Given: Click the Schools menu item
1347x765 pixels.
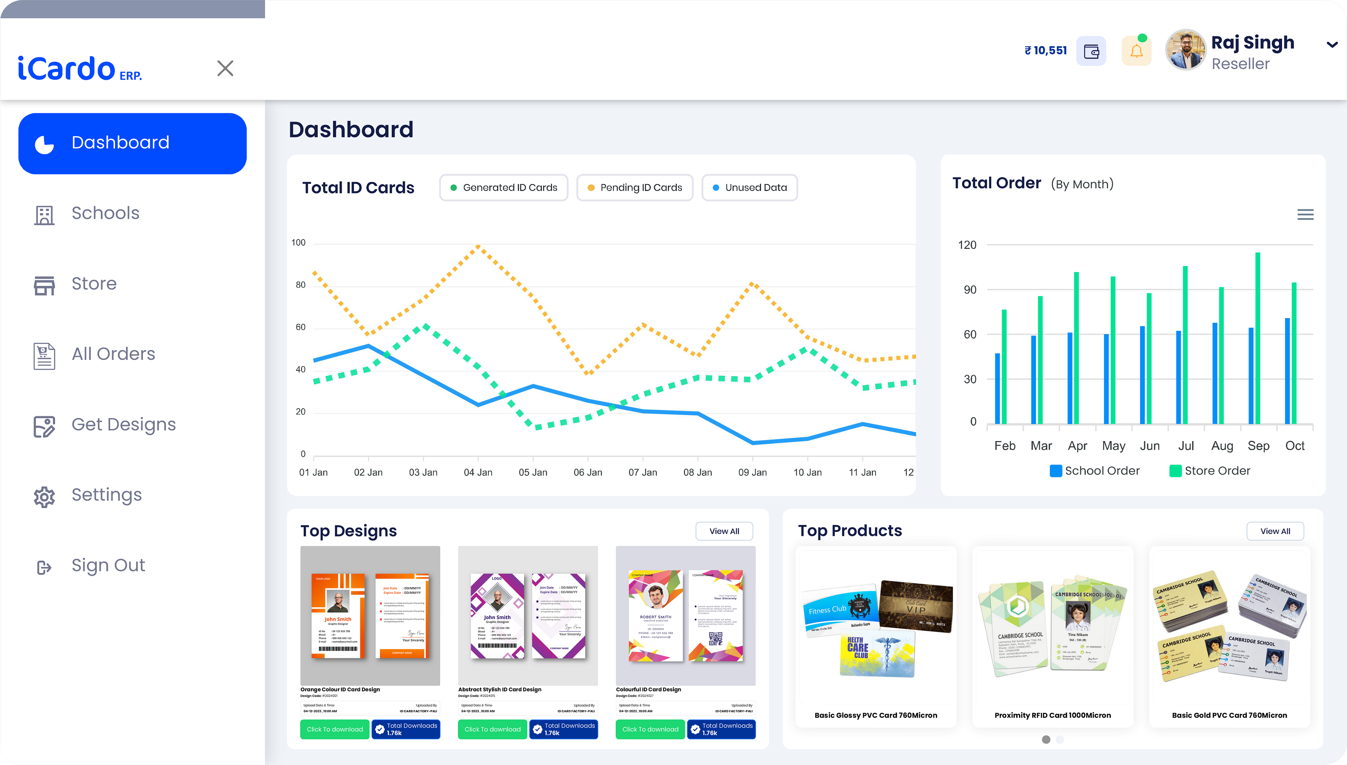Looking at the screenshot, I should tap(105, 213).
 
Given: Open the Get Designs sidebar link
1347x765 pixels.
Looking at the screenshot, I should tap(123, 425).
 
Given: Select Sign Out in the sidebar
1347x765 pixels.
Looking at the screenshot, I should tap(108, 565).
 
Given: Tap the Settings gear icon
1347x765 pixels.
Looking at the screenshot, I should tap(44, 496).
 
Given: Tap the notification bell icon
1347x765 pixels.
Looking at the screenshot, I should tap(1136, 51).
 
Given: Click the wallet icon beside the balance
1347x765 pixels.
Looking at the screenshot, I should tap(1091, 51).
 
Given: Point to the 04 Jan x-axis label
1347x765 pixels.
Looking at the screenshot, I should tap(478, 472).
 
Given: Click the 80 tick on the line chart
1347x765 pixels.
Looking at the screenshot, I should tap(300, 285).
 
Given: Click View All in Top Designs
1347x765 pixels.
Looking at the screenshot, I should tap(724, 531).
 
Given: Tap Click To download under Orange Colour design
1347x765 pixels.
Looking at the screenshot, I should tap(335, 729).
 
